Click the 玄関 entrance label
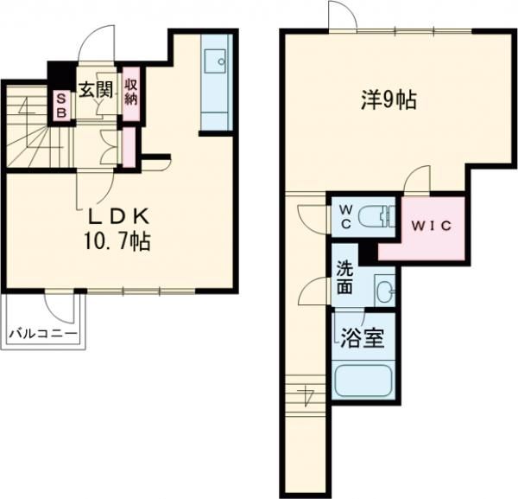pyautogui.click(x=95, y=89)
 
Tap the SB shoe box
pyautogui.click(x=61, y=106)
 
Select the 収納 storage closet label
pyautogui.click(x=131, y=92)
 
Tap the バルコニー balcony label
pyautogui.click(x=43, y=333)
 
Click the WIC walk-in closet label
pyautogui.click(x=429, y=227)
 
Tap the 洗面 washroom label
pyautogui.click(x=344, y=278)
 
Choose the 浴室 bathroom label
pyautogui.click(x=361, y=337)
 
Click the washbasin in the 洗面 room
pyautogui.click(x=384, y=288)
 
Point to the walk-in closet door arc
pyautogui.click(x=417, y=179)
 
